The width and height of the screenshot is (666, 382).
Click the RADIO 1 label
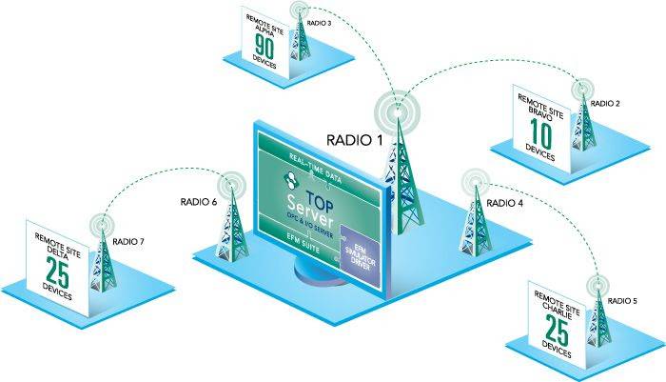click(354, 140)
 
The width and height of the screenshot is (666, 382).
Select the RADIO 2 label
click(605, 102)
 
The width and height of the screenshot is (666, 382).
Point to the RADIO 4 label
click(505, 202)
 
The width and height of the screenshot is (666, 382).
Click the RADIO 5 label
click(623, 301)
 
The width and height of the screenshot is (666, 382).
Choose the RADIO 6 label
click(199, 201)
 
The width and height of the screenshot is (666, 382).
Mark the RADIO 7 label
click(128, 242)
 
